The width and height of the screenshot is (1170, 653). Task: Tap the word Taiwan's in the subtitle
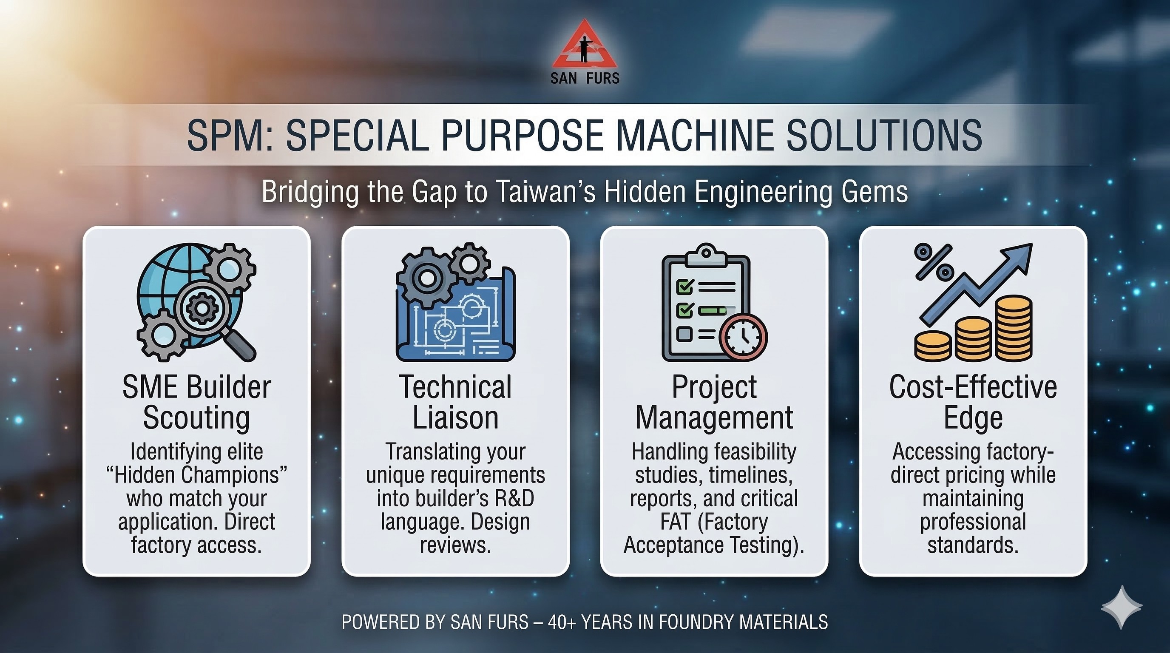point(545,192)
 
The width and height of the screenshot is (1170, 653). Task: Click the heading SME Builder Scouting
point(197,402)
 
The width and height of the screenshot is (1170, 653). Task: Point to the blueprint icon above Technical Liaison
point(456,313)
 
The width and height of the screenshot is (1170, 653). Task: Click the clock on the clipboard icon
point(744,337)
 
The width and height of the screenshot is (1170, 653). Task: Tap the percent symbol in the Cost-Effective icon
point(934,261)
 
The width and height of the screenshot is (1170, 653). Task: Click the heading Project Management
point(714,402)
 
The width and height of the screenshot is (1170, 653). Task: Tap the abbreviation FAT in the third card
point(676,521)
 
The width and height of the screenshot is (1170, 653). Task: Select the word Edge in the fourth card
point(973,418)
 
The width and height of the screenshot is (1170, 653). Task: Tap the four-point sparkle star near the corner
point(1122,607)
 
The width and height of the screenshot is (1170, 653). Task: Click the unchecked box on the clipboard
point(684,334)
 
